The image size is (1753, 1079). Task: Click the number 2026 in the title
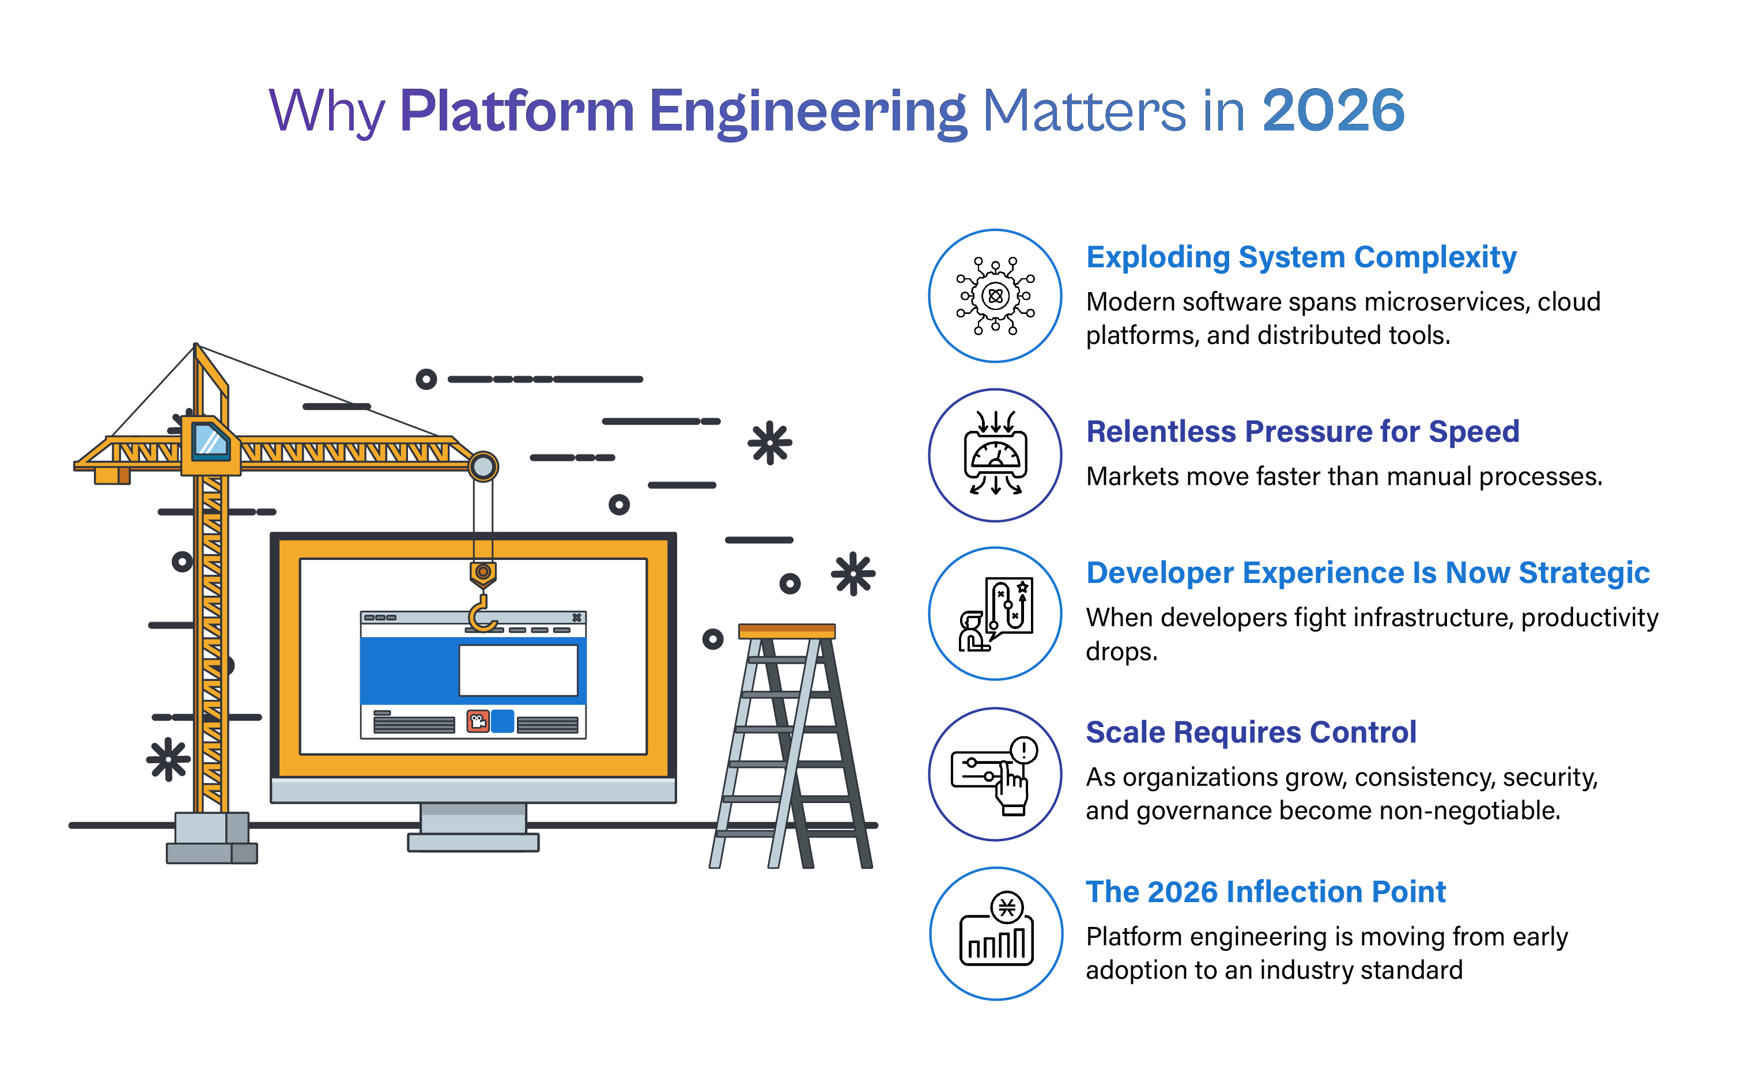[x=1332, y=111]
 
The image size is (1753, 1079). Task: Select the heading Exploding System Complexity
[x=1301, y=257]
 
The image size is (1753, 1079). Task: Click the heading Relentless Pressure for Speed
[x=1302, y=431]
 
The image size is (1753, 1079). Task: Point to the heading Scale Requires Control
[x=1250, y=732]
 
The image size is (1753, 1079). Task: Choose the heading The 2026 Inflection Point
[x=1265, y=892]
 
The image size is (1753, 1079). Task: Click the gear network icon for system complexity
[x=995, y=296]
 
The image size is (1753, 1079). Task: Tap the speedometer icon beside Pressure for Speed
[x=995, y=455]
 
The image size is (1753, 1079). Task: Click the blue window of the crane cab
[x=210, y=440]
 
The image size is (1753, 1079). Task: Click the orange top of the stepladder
[x=787, y=631]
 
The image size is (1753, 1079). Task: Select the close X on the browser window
[x=577, y=618]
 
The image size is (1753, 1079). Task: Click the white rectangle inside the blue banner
[x=518, y=670]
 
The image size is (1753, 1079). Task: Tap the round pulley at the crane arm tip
[x=483, y=467]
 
